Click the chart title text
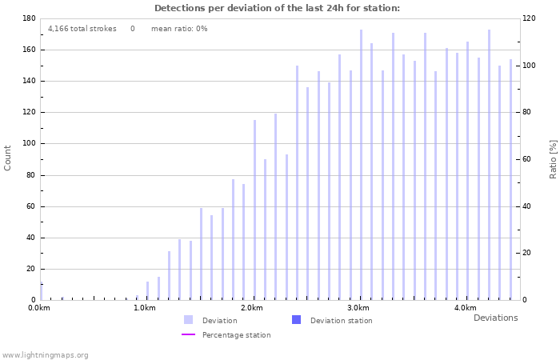pyautogui.click(x=277, y=8)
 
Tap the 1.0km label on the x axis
pyautogui.click(x=145, y=308)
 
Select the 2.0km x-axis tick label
pyautogui.click(x=252, y=308)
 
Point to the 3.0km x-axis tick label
pyautogui.click(x=358, y=308)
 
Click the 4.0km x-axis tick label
pyautogui.click(x=465, y=308)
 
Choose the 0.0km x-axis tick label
pyautogui.click(x=39, y=308)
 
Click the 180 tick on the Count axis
pyautogui.click(x=29, y=18)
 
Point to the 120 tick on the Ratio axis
pyautogui.click(x=529, y=18)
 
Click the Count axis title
pyautogui.click(x=8, y=158)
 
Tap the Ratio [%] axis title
pyautogui.click(x=553, y=158)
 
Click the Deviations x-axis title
pyautogui.click(x=495, y=318)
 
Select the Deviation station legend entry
pyautogui.click(x=341, y=321)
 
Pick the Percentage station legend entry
pyautogui.click(x=236, y=335)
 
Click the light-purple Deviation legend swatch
pyautogui.click(x=188, y=320)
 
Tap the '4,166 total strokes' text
pyautogui.click(x=82, y=29)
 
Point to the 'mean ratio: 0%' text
pyautogui.click(x=179, y=29)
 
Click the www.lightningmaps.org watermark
pyautogui.click(x=45, y=355)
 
